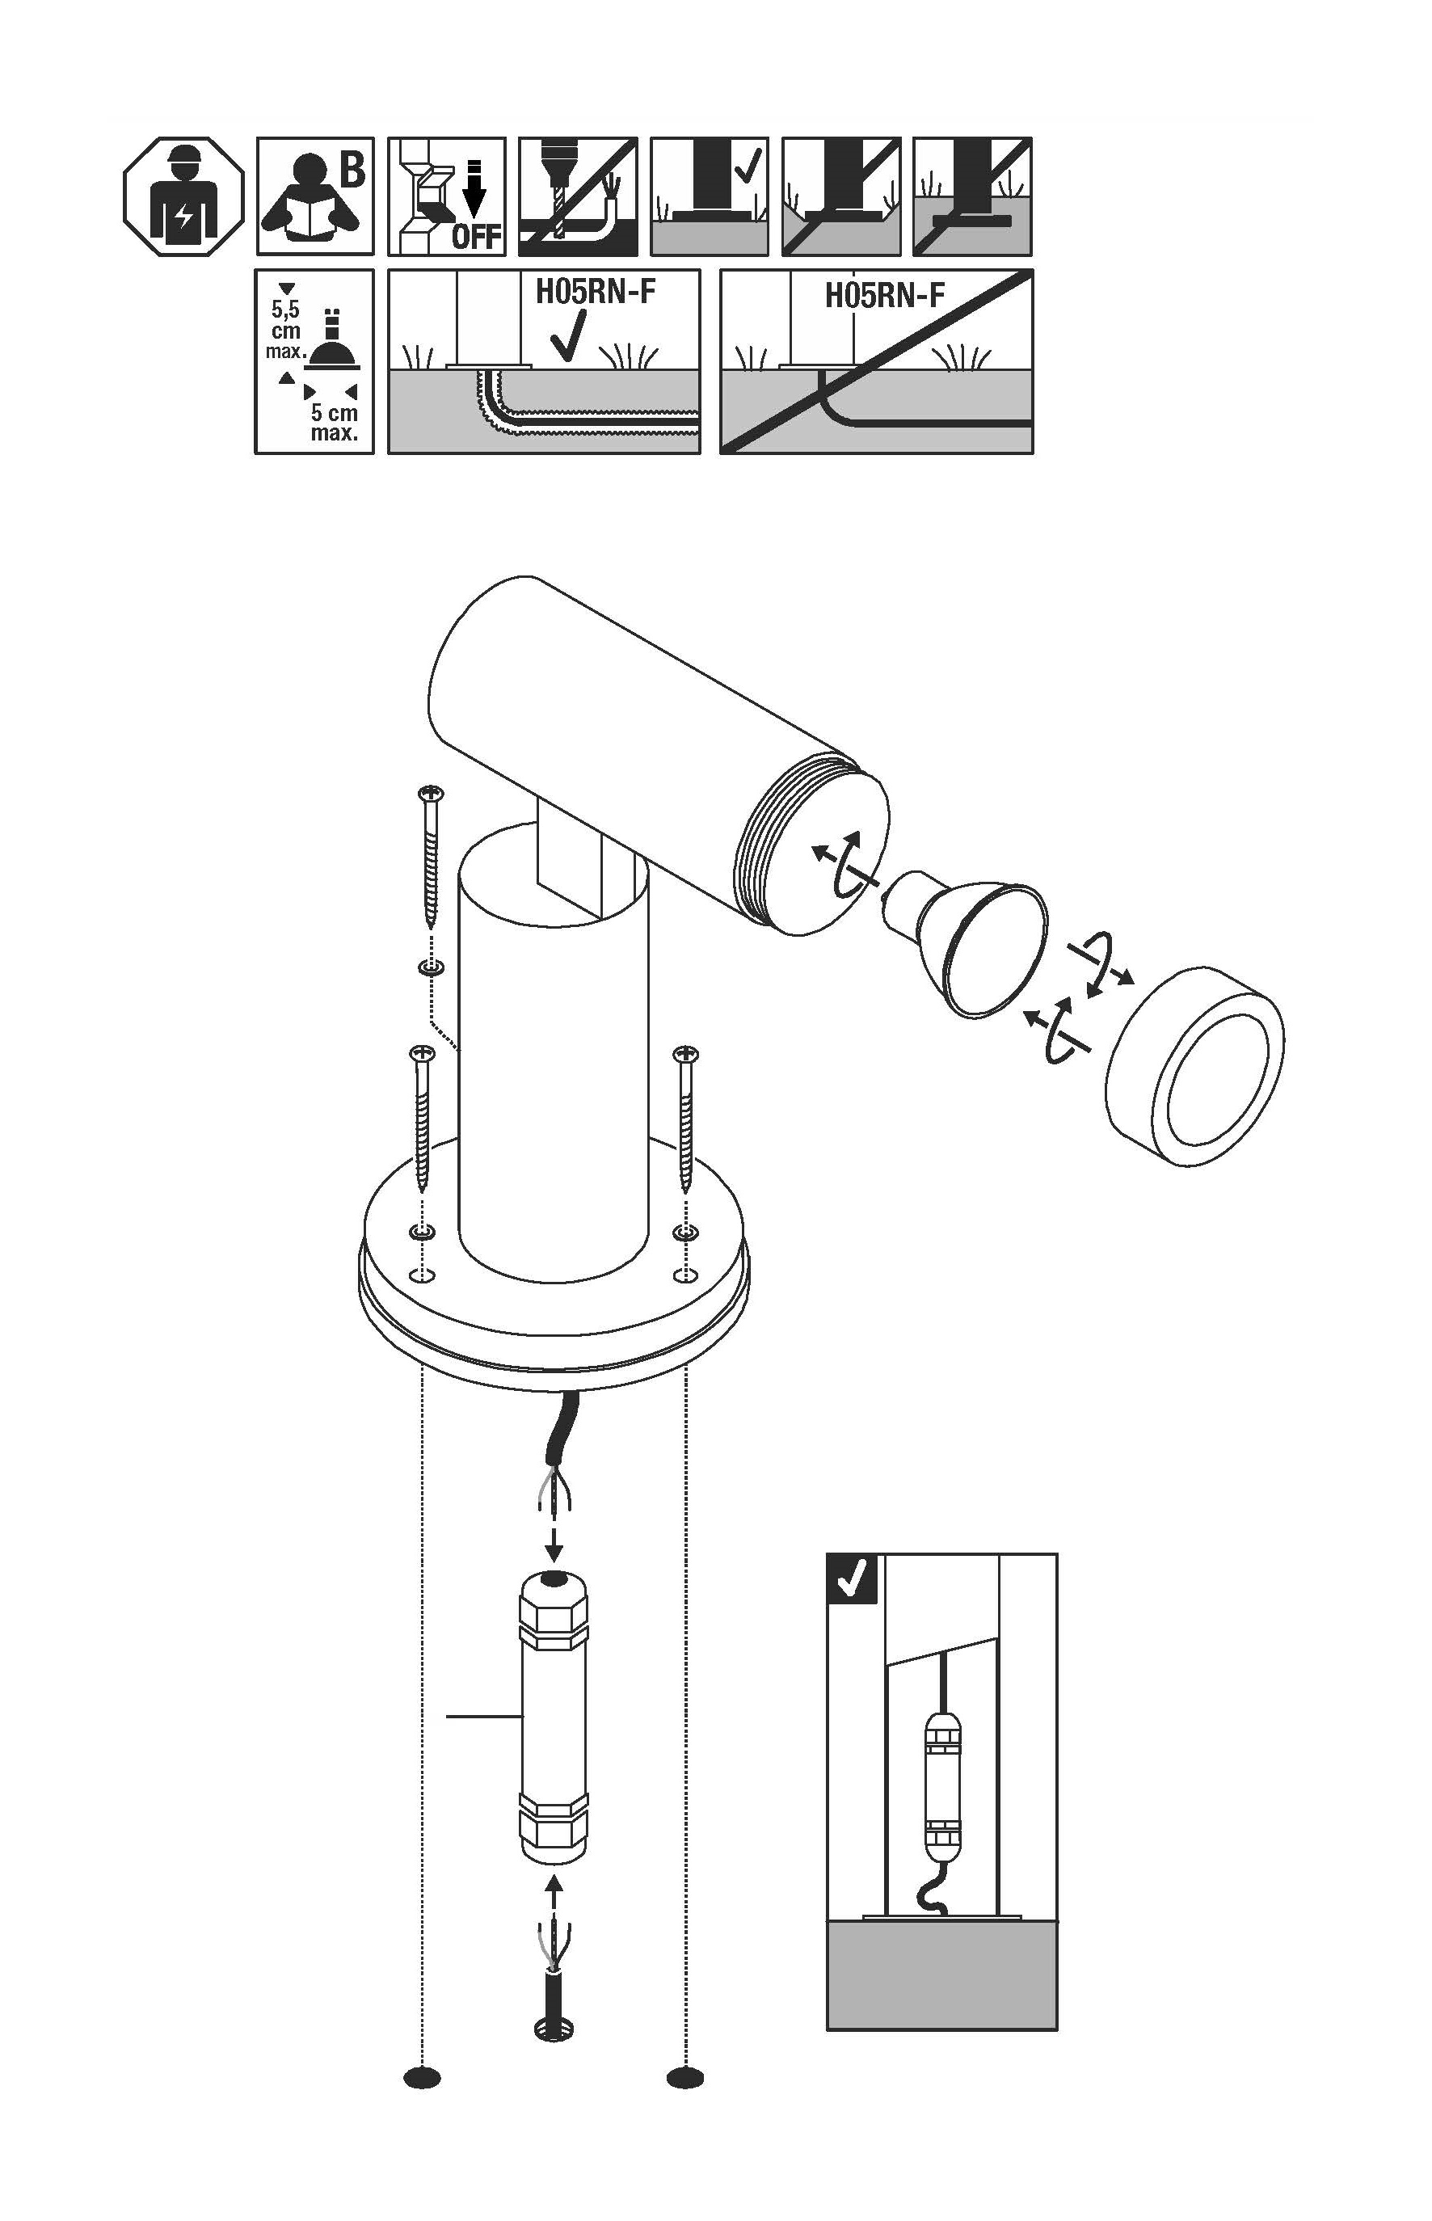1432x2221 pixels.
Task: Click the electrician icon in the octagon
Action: click(184, 197)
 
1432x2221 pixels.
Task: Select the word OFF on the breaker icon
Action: click(477, 237)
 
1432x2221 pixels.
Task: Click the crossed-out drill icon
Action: click(578, 197)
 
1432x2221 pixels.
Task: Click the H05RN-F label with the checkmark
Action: click(595, 292)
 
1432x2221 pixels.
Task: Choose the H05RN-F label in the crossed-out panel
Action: click(884, 296)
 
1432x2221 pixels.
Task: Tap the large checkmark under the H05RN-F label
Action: click(568, 335)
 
